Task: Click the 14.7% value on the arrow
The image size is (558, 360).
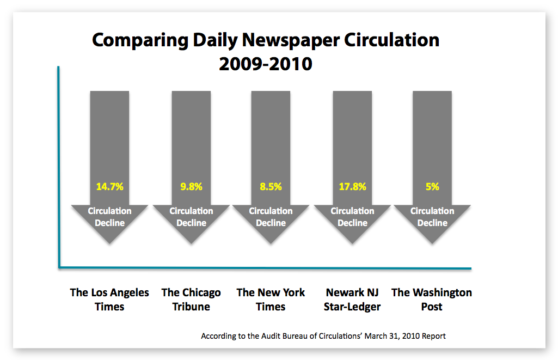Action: coord(109,187)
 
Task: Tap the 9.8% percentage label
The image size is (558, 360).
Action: coord(191,187)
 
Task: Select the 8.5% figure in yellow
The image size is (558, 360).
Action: coord(271,187)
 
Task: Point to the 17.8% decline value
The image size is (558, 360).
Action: coord(352,187)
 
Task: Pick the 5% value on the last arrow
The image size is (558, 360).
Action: coord(432,187)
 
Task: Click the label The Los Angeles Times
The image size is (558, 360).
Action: coord(109,300)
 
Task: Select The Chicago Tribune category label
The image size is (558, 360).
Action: coord(191,300)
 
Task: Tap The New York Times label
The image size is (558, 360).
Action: coord(271,300)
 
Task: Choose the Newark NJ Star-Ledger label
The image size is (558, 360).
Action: coord(352,300)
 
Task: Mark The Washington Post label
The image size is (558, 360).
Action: coord(432,300)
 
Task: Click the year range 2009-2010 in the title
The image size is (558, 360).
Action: coord(265,64)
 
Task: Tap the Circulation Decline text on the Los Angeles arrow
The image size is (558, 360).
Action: coord(109,217)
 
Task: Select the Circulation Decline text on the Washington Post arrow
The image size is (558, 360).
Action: coord(432,217)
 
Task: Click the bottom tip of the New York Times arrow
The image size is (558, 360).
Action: coord(271,243)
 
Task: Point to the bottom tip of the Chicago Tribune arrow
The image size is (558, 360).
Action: coord(191,243)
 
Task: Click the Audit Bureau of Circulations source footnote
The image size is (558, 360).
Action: coord(323,336)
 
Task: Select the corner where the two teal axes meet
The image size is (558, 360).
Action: coord(59,266)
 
